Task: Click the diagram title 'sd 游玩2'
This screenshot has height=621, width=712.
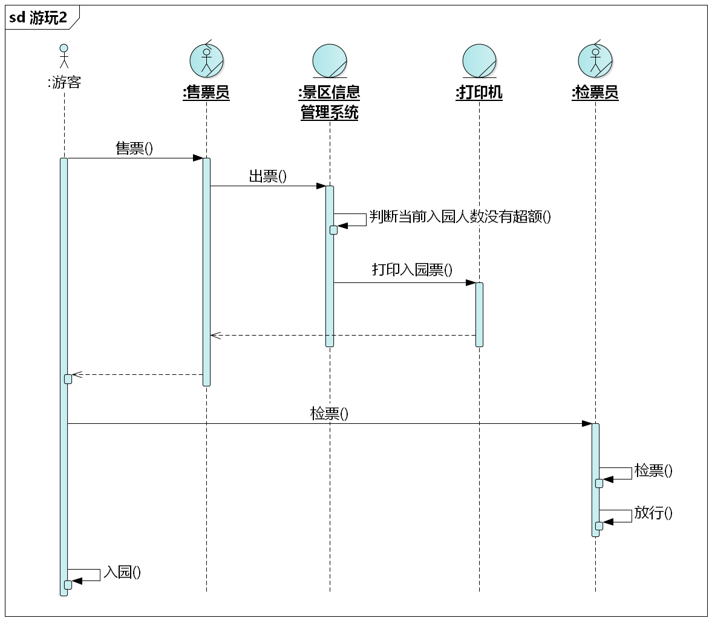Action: (x=39, y=18)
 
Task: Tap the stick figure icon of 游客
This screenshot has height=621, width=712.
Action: (x=64, y=56)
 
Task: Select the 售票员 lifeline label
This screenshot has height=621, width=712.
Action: (x=206, y=93)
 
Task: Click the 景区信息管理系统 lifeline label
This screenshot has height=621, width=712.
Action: (x=330, y=102)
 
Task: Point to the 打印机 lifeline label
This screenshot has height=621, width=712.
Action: (x=479, y=93)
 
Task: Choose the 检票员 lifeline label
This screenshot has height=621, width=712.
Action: (x=595, y=93)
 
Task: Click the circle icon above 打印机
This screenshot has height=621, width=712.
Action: (x=479, y=60)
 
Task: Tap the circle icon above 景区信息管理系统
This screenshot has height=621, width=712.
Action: (x=330, y=60)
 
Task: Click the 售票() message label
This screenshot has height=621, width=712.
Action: (x=134, y=148)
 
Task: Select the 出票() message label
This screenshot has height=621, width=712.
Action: (x=268, y=176)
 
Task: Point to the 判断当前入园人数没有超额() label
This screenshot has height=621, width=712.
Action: (x=460, y=217)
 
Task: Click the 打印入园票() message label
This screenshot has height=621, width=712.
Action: (x=412, y=270)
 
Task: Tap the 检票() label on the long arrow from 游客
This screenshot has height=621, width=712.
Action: (x=329, y=414)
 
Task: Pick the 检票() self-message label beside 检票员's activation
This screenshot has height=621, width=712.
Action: (x=653, y=470)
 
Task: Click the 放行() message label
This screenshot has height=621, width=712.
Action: (x=653, y=513)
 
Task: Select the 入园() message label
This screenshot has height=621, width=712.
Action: (x=122, y=572)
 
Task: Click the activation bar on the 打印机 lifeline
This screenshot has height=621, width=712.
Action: (x=479, y=314)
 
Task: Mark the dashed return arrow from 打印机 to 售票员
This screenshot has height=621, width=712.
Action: (x=342, y=336)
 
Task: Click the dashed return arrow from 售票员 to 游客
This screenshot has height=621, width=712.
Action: (x=137, y=375)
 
